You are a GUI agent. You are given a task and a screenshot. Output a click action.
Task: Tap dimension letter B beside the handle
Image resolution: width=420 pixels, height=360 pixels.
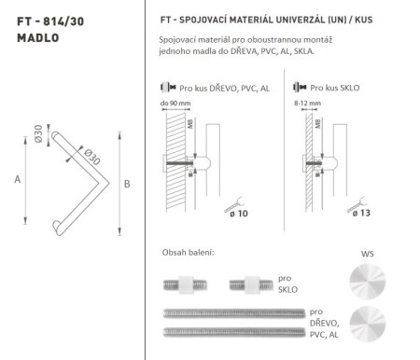point(128,184)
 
